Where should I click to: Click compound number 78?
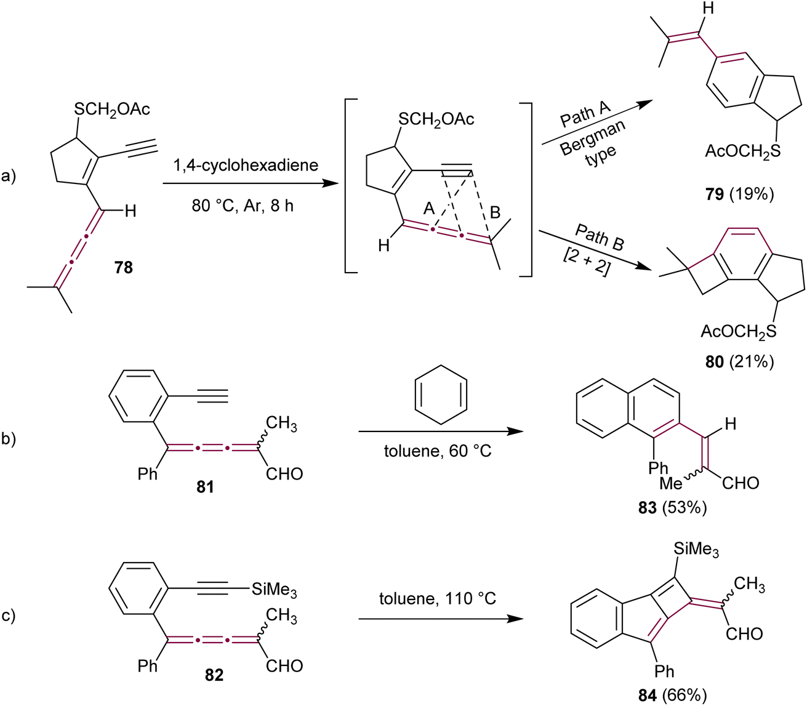pyautogui.click(x=124, y=268)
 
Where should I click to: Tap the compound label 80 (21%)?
pyautogui.click(x=739, y=362)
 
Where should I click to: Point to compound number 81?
pyautogui.click(x=205, y=487)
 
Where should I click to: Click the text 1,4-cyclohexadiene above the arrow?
pyautogui.click(x=246, y=165)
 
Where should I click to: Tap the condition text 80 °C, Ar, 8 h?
pyautogui.click(x=243, y=206)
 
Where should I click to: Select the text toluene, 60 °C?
pyautogui.click(x=438, y=451)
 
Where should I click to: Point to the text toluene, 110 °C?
pyautogui.click(x=438, y=598)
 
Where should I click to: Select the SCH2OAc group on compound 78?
pyautogui.click(x=112, y=109)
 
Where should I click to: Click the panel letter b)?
pyautogui.click(x=8, y=439)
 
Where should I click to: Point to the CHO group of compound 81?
pyautogui.click(x=284, y=474)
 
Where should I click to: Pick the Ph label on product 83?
pyautogui.click(x=658, y=468)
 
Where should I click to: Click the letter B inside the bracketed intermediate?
pyautogui.click(x=495, y=212)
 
